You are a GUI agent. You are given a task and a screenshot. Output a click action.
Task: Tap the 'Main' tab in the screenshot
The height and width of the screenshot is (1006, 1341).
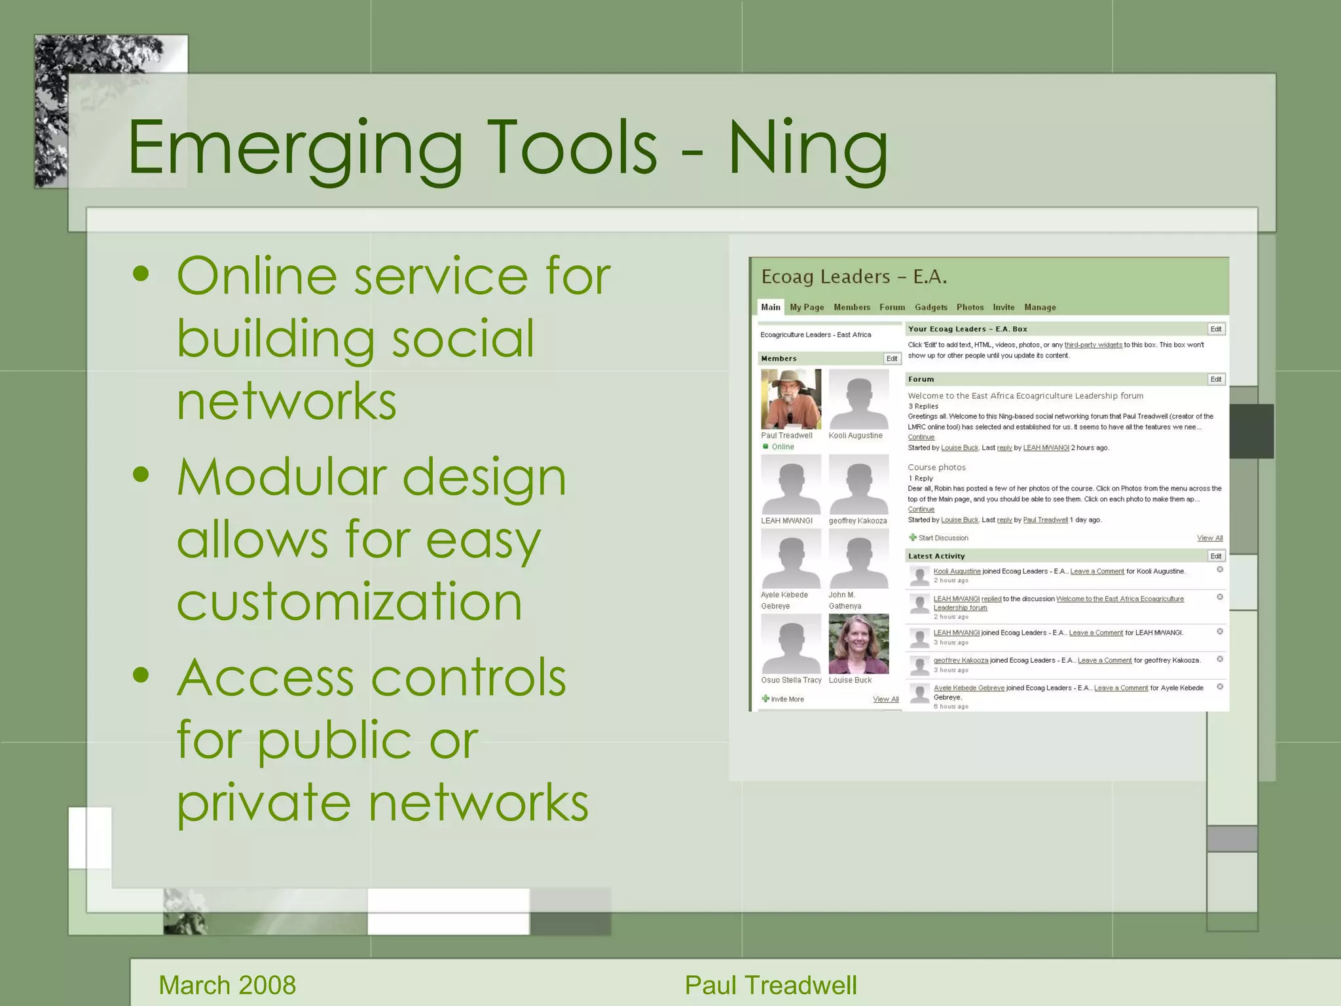[771, 307]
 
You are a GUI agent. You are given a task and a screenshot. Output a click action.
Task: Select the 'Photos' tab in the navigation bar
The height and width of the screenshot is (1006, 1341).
[970, 307]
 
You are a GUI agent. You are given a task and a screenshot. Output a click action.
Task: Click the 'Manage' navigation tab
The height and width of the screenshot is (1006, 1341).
[1040, 307]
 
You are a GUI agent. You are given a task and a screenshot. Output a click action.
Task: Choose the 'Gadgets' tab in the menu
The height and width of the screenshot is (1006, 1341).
[930, 307]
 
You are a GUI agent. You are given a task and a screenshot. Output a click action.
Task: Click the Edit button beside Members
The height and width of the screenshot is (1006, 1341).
[892, 359]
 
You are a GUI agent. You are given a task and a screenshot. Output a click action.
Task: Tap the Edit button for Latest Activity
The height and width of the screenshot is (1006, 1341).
[1216, 556]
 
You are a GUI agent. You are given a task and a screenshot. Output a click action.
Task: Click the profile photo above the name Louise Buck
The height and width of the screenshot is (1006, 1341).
[858, 644]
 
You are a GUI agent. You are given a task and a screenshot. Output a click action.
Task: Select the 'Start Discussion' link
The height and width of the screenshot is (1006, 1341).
[943, 538]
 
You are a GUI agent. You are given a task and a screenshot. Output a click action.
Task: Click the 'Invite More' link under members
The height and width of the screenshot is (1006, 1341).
[787, 699]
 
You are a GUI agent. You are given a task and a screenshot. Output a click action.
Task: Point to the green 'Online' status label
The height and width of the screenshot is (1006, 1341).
[782, 447]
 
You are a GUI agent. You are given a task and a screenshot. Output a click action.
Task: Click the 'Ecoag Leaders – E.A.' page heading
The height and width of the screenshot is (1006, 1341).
[854, 277]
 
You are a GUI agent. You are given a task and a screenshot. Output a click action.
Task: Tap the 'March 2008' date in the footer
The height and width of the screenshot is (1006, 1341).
[227, 985]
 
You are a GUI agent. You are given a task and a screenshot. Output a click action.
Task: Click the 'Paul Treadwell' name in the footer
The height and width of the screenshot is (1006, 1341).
[771, 985]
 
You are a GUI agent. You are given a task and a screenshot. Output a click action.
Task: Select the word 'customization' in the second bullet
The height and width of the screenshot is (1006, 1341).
[350, 601]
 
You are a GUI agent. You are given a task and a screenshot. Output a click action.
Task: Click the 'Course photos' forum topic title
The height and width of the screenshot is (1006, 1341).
[936, 468]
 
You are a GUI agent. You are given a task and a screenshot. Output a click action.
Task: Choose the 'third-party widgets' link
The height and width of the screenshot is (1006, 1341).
[1093, 345]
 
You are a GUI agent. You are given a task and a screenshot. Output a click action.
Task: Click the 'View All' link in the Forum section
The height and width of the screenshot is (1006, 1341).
[1209, 538]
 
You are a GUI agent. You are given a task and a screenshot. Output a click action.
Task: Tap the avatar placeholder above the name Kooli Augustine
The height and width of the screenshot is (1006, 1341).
[858, 399]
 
